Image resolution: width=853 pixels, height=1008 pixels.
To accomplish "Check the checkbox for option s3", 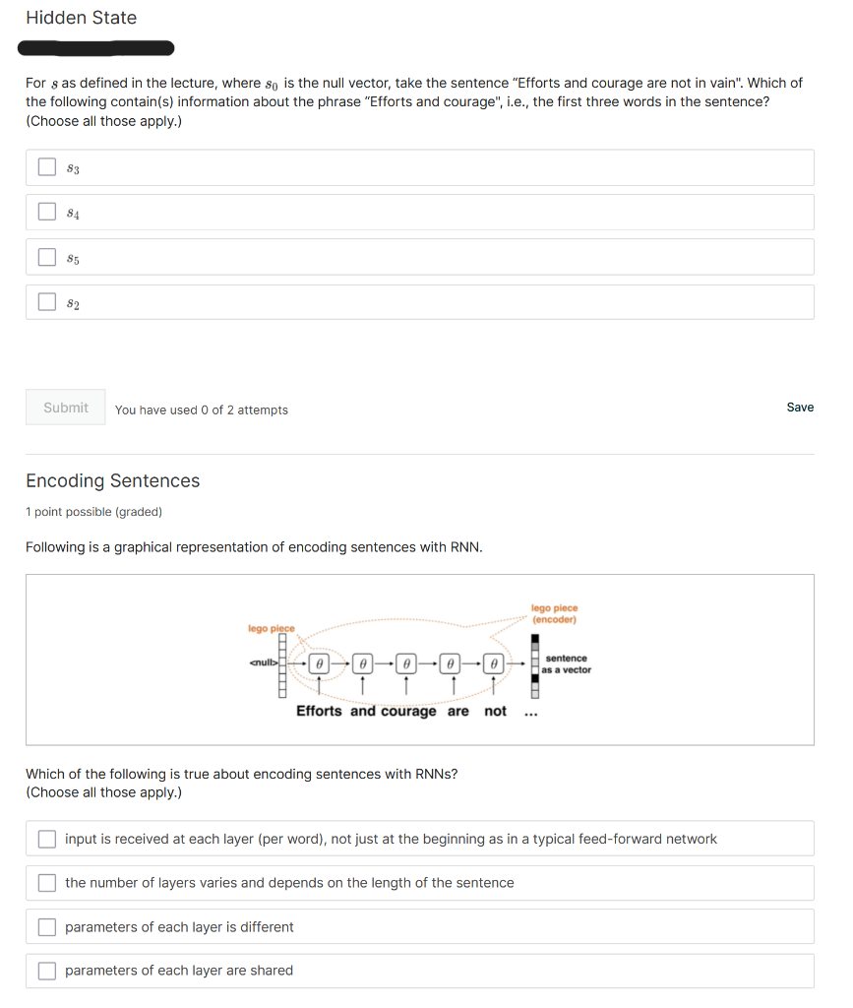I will pyautogui.click(x=47, y=167).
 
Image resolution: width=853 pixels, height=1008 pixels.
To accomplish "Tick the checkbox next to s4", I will pyautogui.click(x=47, y=212).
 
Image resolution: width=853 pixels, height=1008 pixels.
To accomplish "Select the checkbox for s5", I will pyautogui.click(x=47, y=257).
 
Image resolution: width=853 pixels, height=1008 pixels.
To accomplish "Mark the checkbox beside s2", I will pyautogui.click(x=47, y=302).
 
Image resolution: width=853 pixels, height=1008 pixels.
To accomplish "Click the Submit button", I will pyautogui.click(x=66, y=408).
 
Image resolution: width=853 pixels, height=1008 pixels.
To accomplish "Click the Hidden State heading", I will pyautogui.click(x=81, y=18).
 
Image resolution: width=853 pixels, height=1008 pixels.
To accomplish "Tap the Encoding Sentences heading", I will pyautogui.click(x=112, y=480).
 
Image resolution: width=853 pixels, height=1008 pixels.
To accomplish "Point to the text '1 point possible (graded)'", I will pyautogui.click(x=93, y=512).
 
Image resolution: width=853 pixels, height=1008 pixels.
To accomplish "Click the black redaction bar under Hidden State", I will pyautogui.click(x=96, y=48).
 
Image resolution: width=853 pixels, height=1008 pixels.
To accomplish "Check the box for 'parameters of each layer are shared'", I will pyautogui.click(x=47, y=971).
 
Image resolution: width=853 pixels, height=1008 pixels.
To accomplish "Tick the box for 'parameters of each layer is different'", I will pyautogui.click(x=47, y=927).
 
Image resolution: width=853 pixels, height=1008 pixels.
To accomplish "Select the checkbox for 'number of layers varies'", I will pyautogui.click(x=47, y=883).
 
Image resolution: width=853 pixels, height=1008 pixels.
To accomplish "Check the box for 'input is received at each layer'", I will pyautogui.click(x=47, y=840).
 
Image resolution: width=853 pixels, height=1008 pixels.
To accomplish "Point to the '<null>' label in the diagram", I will pyautogui.click(x=263, y=662).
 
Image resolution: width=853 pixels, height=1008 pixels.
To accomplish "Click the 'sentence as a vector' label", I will pyautogui.click(x=566, y=663).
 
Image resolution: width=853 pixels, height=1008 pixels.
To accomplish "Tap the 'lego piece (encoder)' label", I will pyautogui.click(x=555, y=614).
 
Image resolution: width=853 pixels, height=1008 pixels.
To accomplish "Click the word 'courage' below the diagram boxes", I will pyautogui.click(x=408, y=711).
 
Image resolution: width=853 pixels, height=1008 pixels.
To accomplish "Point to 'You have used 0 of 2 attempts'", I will pyautogui.click(x=201, y=409).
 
